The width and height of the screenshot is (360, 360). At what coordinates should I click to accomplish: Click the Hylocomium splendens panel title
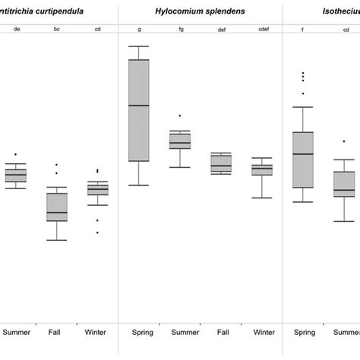[200, 12]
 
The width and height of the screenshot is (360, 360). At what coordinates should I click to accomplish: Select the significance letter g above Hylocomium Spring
[139, 30]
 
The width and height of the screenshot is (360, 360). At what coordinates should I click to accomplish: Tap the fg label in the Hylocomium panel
[180, 30]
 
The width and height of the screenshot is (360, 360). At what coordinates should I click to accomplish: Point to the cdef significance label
[263, 30]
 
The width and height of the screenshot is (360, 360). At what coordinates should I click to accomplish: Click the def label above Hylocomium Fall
[222, 30]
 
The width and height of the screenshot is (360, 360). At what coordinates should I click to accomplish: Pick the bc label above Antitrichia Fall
[56, 30]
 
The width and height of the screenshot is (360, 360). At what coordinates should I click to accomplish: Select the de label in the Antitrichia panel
[15, 30]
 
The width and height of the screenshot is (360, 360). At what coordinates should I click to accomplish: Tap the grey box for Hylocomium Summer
[180, 141]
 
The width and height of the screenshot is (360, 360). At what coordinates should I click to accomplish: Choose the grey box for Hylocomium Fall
[222, 163]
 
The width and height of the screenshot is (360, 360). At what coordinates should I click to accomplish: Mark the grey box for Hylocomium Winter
[263, 169]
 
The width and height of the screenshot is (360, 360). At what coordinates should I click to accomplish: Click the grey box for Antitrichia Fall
[56, 207]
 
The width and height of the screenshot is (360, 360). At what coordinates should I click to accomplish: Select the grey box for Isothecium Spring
[304, 159]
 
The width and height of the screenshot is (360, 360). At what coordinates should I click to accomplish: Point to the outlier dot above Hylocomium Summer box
[180, 115]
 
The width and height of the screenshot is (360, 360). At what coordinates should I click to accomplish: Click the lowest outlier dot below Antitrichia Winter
[97, 232]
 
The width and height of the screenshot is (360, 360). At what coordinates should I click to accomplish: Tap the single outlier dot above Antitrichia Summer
[15, 154]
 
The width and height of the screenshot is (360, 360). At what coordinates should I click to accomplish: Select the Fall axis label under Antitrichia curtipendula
[56, 333]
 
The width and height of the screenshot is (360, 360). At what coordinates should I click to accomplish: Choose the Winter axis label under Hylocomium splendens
[264, 333]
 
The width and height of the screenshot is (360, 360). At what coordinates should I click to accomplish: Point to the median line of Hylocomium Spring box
[139, 105]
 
